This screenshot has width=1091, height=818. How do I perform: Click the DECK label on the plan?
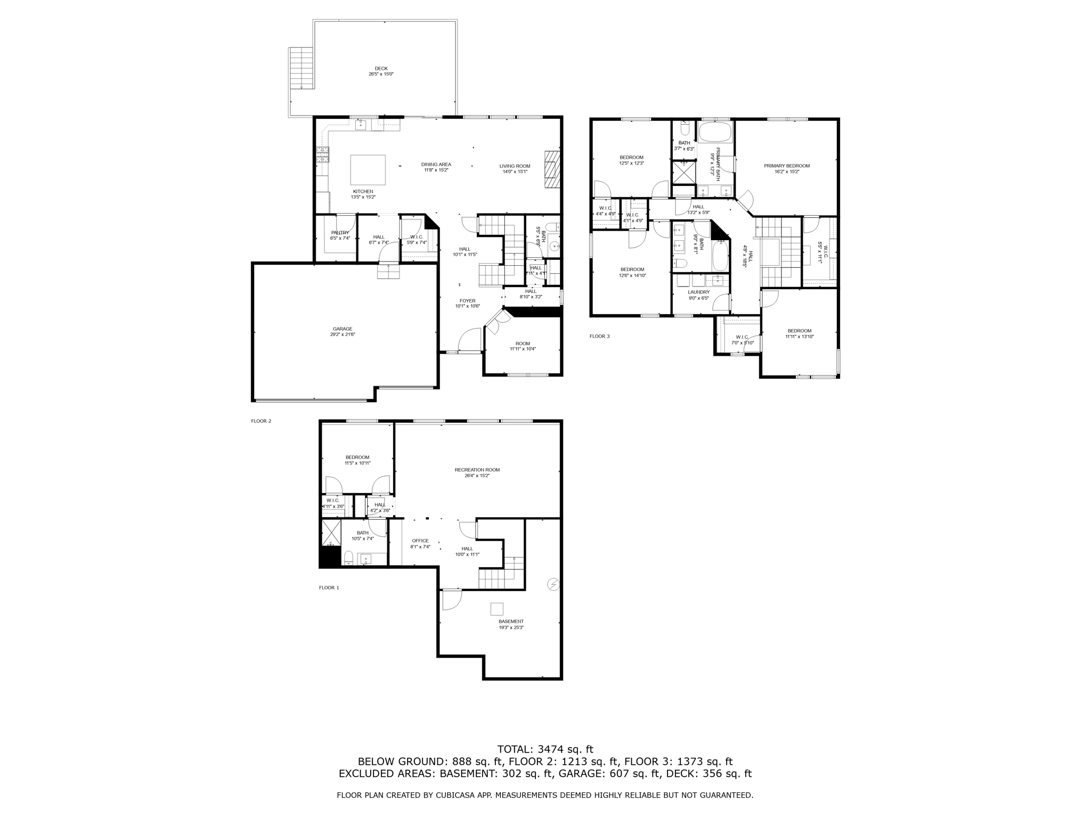point(381,68)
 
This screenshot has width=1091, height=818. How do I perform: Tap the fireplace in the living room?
point(552,169)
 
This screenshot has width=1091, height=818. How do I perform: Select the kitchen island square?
point(368,170)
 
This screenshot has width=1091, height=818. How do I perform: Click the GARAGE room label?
point(343,329)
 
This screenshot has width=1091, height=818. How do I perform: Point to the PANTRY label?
point(340,233)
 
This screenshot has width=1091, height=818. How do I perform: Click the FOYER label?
point(468,301)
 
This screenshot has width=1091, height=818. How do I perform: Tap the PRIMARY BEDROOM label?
point(786,166)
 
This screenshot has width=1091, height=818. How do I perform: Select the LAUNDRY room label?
point(698,292)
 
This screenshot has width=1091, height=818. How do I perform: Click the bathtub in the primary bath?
point(715,132)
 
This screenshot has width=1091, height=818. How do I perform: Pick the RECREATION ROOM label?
point(477,470)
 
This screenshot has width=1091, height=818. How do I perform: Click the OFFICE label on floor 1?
point(420,541)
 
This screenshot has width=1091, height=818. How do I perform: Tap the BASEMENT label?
point(511,621)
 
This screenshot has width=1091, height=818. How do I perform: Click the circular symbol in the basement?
point(553,585)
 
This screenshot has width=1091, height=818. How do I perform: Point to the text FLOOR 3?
point(599,336)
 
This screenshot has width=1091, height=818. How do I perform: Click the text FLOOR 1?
point(329,587)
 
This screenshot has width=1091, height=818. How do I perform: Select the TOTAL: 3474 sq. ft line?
point(545,749)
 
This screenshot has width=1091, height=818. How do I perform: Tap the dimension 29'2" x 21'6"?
point(343,334)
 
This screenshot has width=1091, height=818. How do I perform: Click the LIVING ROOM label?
point(515,166)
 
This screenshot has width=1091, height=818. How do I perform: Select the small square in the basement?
point(496,609)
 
